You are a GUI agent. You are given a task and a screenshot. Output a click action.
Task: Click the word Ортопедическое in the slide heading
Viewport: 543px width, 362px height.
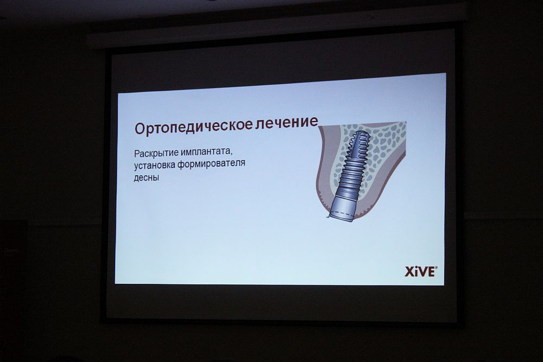coord(193,127)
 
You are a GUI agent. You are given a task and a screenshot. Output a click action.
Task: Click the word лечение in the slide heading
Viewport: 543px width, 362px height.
coord(286,123)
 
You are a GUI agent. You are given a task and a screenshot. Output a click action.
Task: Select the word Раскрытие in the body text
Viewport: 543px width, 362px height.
coord(156,153)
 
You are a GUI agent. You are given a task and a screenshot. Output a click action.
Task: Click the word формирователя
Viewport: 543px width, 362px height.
coord(211,164)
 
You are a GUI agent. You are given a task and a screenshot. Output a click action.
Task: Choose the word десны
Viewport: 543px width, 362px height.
coord(147,178)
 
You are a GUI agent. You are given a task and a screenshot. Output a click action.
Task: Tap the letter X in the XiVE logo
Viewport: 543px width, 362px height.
coord(410,272)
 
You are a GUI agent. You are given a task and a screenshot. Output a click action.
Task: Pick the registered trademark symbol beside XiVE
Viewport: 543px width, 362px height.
coord(436,268)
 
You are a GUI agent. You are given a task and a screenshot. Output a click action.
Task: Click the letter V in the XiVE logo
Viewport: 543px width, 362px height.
coord(421,272)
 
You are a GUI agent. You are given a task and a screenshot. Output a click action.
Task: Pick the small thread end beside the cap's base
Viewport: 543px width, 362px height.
coord(327,217)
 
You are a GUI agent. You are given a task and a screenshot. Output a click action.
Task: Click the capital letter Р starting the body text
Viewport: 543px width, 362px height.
coord(136,153)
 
